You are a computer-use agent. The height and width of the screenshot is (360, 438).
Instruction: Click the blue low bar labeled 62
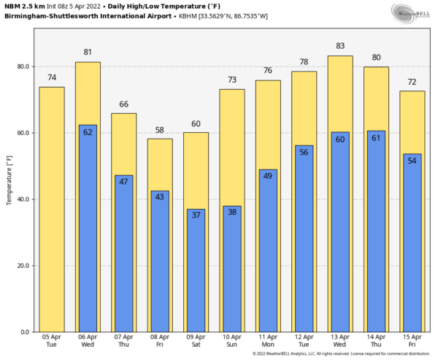coord(88,234)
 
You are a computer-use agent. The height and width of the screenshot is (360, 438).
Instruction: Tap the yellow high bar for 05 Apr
coord(52,212)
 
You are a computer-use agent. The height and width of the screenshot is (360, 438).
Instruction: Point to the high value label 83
coord(339,46)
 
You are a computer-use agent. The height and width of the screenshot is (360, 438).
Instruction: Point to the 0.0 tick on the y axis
coord(25,332)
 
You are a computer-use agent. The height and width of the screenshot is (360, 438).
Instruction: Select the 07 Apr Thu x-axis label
coord(123,341)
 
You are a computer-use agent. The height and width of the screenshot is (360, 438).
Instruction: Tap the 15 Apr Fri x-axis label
coord(411,341)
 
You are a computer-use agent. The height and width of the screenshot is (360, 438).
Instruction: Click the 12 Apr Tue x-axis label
coord(304,341)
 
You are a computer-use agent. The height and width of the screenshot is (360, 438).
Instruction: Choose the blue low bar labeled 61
coord(375,241)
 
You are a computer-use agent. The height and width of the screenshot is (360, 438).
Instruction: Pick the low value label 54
coord(411,160)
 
